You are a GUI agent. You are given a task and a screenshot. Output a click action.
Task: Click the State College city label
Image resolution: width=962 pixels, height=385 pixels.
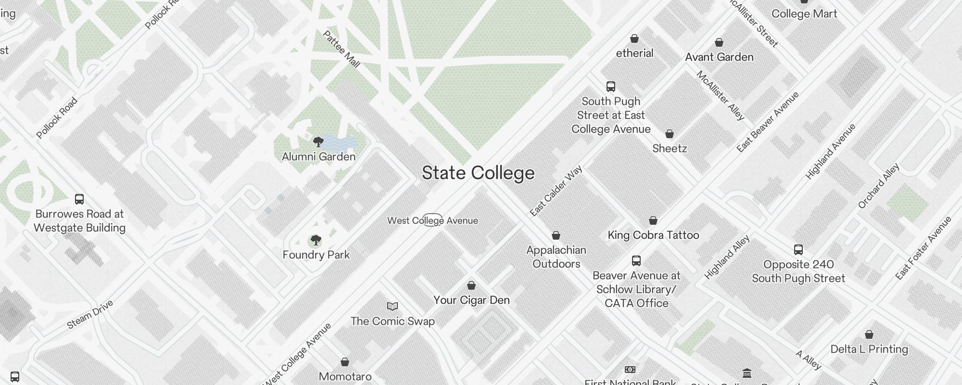[x=478, y=173]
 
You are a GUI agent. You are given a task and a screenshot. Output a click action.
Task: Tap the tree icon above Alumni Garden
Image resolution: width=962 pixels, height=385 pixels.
[x=318, y=142]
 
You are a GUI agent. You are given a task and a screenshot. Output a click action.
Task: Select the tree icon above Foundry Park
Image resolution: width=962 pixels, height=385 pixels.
[x=316, y=240]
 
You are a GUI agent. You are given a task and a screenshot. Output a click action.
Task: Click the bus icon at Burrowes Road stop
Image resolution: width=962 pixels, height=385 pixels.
[x=79, y=199]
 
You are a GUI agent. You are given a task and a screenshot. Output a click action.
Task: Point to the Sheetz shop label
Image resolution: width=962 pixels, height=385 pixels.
[x=669, y=149]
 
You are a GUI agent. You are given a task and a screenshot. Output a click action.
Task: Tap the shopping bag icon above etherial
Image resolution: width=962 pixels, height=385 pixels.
[x=634, y=39]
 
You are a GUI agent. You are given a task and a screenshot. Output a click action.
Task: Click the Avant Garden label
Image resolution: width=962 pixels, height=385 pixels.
[x=719, y=57]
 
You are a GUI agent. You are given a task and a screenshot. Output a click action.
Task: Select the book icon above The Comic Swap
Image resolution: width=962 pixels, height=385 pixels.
[x=392, y=306]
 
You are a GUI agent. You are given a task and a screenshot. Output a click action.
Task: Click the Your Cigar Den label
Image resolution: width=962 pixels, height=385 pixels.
[x=471, y=300]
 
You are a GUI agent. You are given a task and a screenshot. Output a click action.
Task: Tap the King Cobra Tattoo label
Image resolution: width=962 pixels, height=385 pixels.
[x=653, y=235]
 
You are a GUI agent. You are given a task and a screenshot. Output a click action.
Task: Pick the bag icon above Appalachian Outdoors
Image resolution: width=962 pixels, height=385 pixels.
[x=556, y=235]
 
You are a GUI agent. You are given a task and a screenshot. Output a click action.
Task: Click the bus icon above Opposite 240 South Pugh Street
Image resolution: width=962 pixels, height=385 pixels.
[x=798, y=250]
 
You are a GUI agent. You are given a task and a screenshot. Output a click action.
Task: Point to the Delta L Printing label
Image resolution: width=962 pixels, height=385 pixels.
[x=869, y=349]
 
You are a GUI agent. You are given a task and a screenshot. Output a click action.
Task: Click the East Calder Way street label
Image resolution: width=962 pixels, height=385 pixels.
[x=556, y=191]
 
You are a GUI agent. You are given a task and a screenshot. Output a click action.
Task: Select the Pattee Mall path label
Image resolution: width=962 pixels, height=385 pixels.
[x=341, y=49]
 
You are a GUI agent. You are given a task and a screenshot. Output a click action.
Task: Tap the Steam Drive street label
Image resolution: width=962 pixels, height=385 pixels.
[x=90, y=314]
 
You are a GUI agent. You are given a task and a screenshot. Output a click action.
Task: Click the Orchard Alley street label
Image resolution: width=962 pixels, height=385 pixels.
[x=878, y=186]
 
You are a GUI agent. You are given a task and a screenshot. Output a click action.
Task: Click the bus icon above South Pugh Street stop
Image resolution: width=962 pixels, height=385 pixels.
[x=611, y=87]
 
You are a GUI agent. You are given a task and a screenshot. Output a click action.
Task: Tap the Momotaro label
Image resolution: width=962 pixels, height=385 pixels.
[x=345, y=376]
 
